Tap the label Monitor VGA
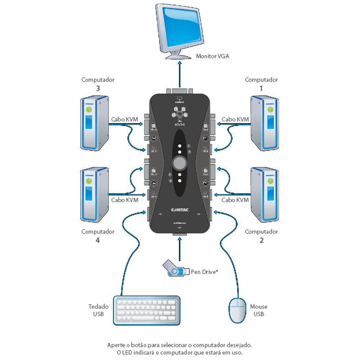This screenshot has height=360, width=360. (x=212, y=56)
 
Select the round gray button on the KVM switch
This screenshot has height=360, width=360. (x=180, y=163)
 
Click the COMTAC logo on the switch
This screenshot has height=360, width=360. (x=179, y=210)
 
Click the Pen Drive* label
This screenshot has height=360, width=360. (x=204, y=272)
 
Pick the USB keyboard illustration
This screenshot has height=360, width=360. (x=147, y=310)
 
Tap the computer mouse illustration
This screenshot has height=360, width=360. (x=238, y=310)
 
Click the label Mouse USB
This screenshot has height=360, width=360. (x=258, y=310)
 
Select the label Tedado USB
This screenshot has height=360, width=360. (x=98, y=310)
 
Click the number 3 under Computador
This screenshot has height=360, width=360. (x=98, y=88)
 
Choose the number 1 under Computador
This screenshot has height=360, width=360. (x=261, y=88)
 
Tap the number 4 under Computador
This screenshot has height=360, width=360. (x=98, y=240)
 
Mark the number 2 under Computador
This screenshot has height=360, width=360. (x=261, y=240)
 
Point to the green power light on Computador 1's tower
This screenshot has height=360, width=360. (x=270, y=108)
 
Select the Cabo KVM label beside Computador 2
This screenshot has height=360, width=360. (x=235, y=200)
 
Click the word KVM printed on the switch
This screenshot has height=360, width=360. (x=179, y=124)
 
